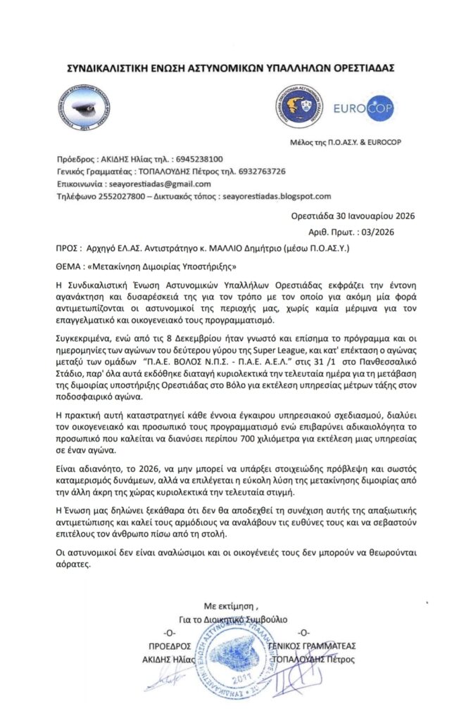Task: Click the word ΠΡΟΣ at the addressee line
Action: pos(65,247)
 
